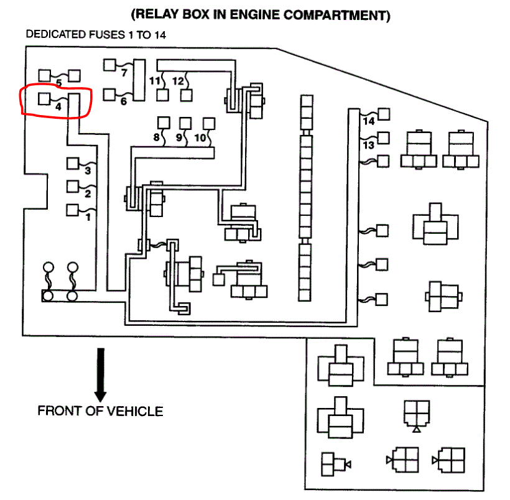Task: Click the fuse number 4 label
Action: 58,107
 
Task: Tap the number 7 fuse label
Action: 124,72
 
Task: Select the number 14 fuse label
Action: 369,121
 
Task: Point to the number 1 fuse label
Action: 88,217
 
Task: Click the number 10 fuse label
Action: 200,137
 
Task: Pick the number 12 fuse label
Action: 178,81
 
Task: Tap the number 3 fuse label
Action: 88,170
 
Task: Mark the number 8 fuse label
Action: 155,138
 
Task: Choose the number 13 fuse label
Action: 369,145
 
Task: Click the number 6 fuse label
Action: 123,101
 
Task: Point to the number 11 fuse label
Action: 155,81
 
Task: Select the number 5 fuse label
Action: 58,83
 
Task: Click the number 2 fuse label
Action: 88,193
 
